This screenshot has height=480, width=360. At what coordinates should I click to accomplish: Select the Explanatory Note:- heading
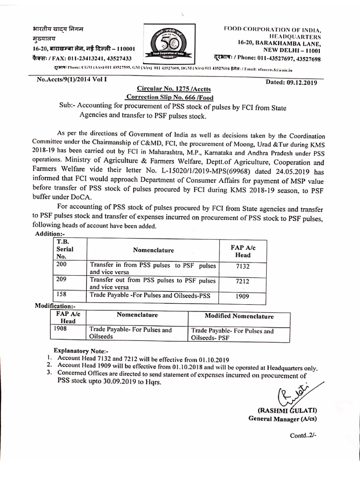(81, 350)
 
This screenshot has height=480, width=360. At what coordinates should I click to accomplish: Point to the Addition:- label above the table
(50, 234)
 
